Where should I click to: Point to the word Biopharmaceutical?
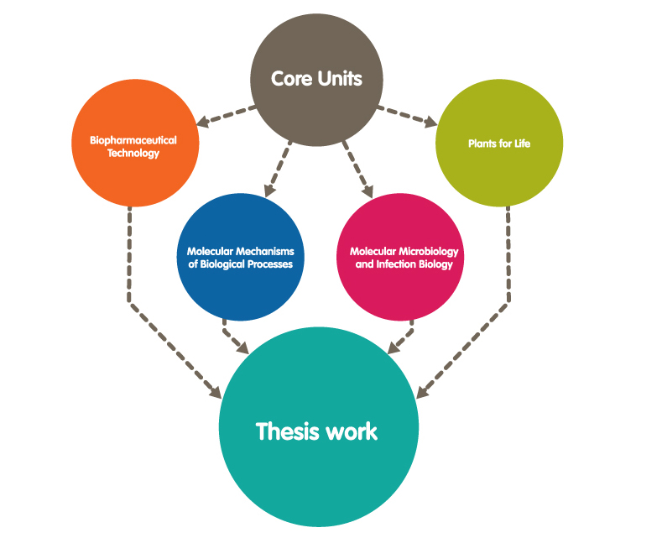(x=133, y=140)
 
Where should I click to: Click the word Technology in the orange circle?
(x=133, y=154)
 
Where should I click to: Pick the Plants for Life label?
(x=499, y=144)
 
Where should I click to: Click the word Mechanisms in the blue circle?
(x=263, y=252)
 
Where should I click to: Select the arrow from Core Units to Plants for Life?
(x=408, y=117)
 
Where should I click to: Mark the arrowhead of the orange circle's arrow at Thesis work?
(x=215, y=392)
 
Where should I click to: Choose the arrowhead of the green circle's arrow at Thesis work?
(x=422, y=391)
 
